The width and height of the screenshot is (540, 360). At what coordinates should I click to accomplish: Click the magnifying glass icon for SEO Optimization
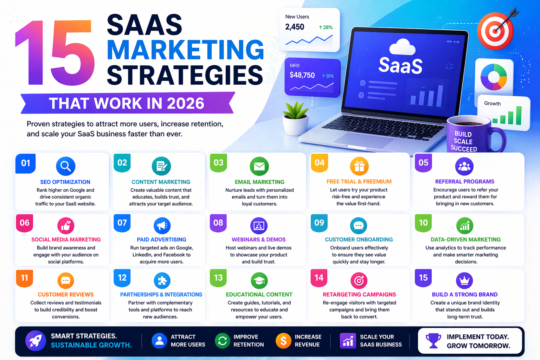click(65, 166)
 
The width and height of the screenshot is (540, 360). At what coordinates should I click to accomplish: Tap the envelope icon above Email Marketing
click(259, 166)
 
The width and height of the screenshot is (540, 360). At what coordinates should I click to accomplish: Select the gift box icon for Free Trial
click(359, 166)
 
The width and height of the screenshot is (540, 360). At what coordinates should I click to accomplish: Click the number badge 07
click(122, 223)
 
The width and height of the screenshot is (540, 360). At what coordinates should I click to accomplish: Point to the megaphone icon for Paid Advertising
click(162, 226)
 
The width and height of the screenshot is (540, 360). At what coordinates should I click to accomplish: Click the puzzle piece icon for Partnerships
click(162, 281)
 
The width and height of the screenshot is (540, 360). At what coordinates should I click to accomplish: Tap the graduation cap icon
click(259, 281)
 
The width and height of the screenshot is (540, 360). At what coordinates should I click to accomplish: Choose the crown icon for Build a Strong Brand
click(464, 281)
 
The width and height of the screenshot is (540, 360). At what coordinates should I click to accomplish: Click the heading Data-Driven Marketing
click(465, 239)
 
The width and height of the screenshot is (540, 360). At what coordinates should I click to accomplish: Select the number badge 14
click(319, 278)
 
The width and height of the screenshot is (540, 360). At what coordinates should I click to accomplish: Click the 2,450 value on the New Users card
click(295, 27)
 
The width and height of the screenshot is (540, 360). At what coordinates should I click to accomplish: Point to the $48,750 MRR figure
click(302, 75)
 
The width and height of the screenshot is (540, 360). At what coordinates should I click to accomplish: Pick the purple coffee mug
click(471, 135)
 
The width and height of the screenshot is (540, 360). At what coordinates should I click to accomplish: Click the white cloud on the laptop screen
click(402, 47)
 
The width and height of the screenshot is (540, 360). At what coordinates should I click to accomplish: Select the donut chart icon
click(494, 77)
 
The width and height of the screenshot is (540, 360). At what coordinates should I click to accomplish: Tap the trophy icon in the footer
click(433, 341)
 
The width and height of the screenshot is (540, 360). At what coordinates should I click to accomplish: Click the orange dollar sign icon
click(283, 341)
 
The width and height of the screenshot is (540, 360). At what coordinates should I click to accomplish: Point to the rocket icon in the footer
click(36, 341)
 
